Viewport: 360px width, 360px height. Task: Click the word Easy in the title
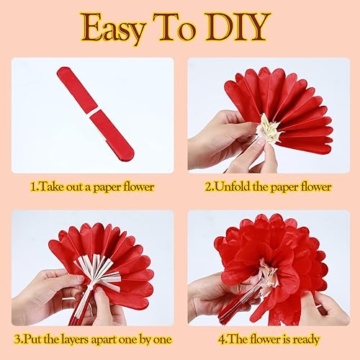tap(115, 27)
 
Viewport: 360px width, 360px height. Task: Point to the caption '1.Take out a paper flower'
tap(92, 186)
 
